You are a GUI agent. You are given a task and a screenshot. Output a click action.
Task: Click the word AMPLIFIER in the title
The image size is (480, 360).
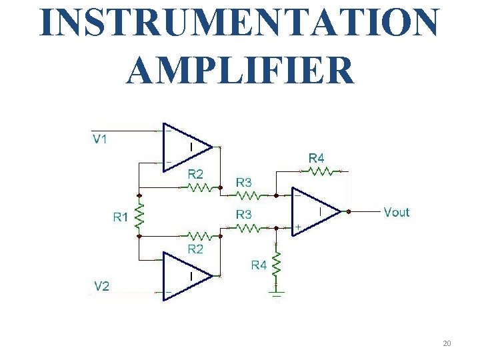(240, 70)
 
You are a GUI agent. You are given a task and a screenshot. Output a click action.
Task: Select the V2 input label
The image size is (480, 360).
(102, 287)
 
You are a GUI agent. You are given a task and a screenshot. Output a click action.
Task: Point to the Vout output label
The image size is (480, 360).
(397, 212)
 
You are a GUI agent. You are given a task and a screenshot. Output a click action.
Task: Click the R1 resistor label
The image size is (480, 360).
(121, 216)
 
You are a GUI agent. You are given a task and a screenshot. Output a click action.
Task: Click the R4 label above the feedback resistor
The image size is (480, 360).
(317, 158)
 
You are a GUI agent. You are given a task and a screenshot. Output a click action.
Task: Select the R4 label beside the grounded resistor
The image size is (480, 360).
(259, 265)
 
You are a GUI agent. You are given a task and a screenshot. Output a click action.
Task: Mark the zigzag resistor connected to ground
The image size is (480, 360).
(277, 264)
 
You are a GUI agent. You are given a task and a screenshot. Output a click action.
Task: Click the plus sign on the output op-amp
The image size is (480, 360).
(298, 227)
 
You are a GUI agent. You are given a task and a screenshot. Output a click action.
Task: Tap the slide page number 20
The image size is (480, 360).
(447, 343)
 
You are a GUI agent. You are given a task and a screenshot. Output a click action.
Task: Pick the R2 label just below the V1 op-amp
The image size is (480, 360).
(195, 174)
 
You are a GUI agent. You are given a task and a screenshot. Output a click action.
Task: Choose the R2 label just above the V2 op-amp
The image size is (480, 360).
(195, 249)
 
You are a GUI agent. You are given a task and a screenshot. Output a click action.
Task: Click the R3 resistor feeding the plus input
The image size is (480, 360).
(248, 227)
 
